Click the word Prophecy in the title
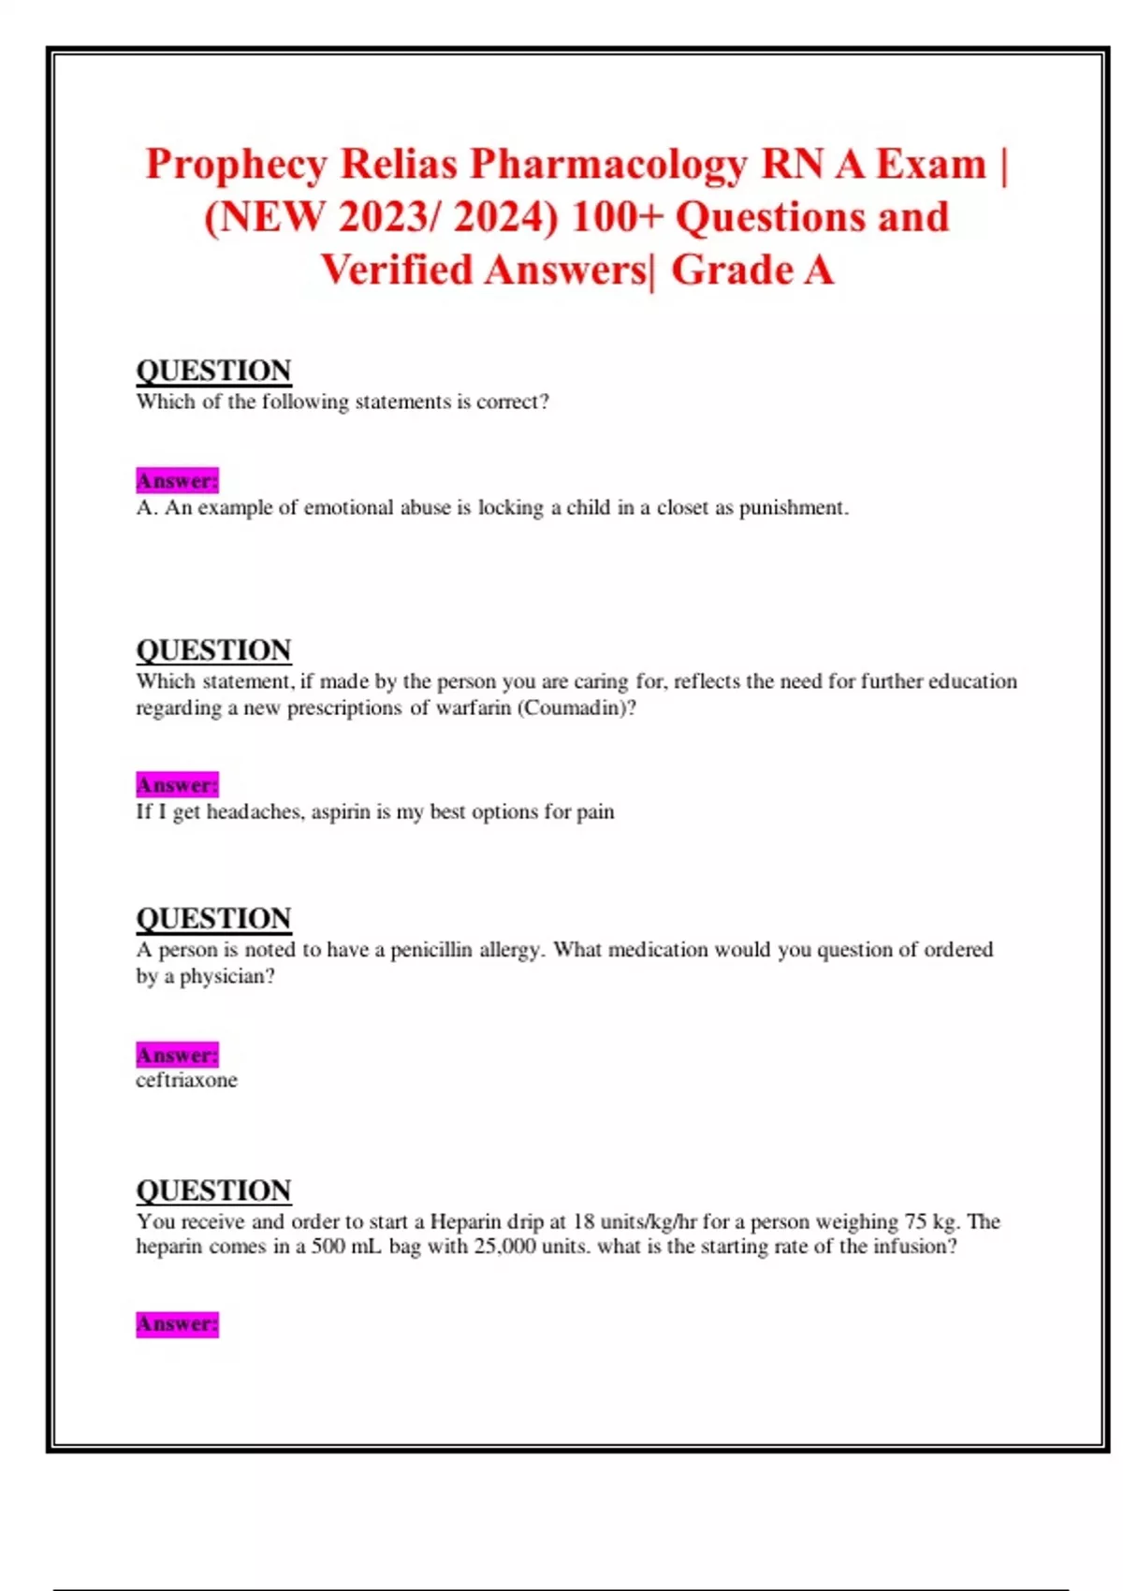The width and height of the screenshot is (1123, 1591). [x=236, y=165]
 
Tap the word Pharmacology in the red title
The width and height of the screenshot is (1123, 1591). [x=608, y=165]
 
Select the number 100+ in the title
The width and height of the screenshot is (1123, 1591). [x=616, y=217]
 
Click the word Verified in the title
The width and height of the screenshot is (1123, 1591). [x=397, y=270]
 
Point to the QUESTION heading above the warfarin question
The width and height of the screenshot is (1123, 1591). [x=213, y=650]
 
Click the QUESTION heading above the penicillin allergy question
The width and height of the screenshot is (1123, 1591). [x=213, y=918]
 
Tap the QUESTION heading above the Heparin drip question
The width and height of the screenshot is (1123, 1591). [x=213, y=1190]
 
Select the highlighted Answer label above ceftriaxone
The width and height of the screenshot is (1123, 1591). [x=177, y=1055]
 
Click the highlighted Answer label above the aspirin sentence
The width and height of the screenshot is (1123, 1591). [x=177, y=784]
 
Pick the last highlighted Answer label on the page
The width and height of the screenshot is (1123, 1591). [x=177, y=1324]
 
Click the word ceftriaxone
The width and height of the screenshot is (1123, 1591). [x=186, y=1080]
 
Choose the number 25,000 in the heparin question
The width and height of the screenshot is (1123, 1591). [x=505, y=1247]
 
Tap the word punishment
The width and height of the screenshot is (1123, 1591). [x=794, y=507]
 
